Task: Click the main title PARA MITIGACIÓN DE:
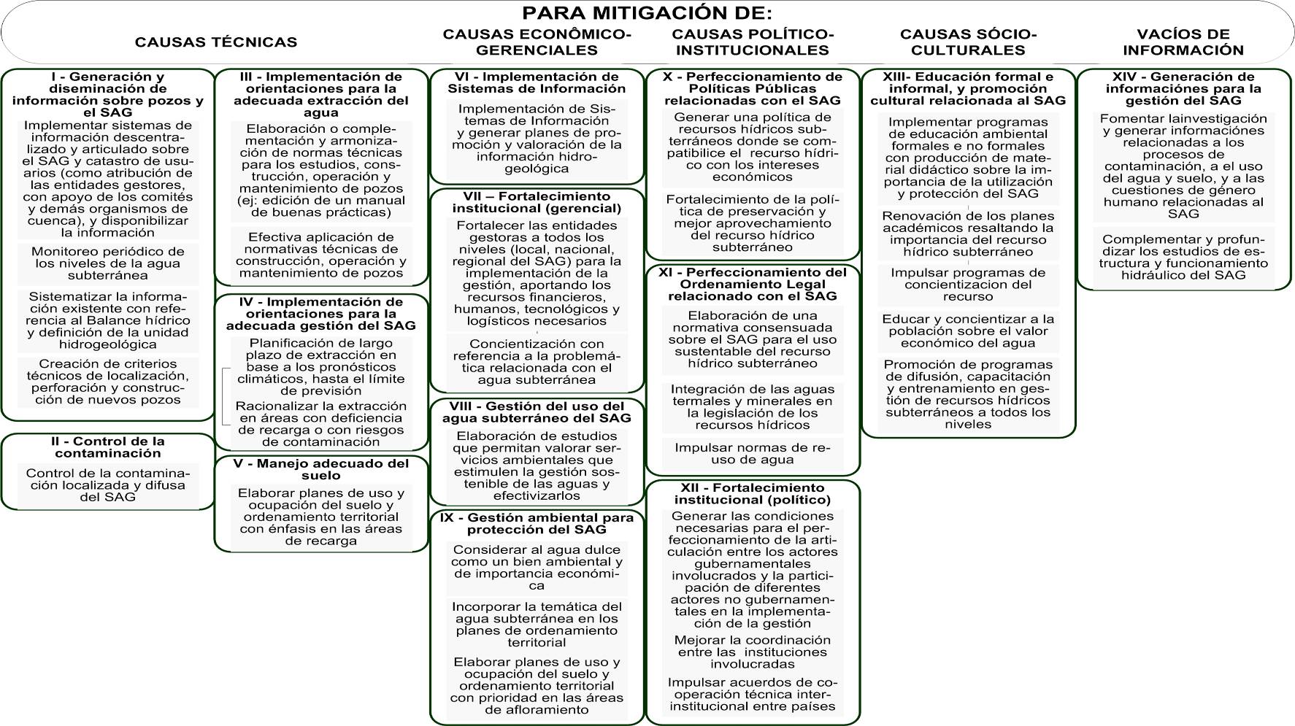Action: pyautogui.click(x=647, y=13)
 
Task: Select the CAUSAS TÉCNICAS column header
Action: pyautogui.click(x=215, y=42)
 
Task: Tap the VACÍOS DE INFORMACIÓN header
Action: pyautogui.click(x=1183, y=42)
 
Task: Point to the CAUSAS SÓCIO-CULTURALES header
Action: pyautogui.click(x=968, y=42)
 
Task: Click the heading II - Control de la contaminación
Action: pyautogui.click(x=107, y=447)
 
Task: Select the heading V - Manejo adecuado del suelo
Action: pyautogui.click(x=320, y=469)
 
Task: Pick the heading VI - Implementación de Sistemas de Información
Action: pyautogui.click(x=537, y=82)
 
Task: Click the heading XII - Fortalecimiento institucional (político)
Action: pyautogui.click(x=752, y=494)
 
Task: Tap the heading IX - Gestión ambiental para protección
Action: pyautogui.click(x=537, y=523)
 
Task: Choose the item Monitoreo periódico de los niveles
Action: pyautogui.click(x=107, y=263)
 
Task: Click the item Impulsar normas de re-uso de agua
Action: pyautogui.click(x=752, y=454)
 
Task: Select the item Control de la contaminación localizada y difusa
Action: pyautogui.click(x=107, y=485)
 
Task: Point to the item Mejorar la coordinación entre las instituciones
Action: pyautogui.click(x=752, y=652)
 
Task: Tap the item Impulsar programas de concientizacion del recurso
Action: pyautogui.click(x=968, y=285)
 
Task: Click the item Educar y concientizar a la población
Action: pyautogui.click(x=968, y=331)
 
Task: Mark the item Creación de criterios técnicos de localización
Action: pyautogui.click(x=107, y=382)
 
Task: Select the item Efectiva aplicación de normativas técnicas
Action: pyautogui.click(x=320, y=255)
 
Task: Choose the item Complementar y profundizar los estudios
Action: pyautogui.click(x=1183, y=258)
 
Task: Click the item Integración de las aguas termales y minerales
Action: pyautogui.click(x=752, y=407)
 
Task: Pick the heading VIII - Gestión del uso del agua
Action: pyautogui.click(x=537, y=412)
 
